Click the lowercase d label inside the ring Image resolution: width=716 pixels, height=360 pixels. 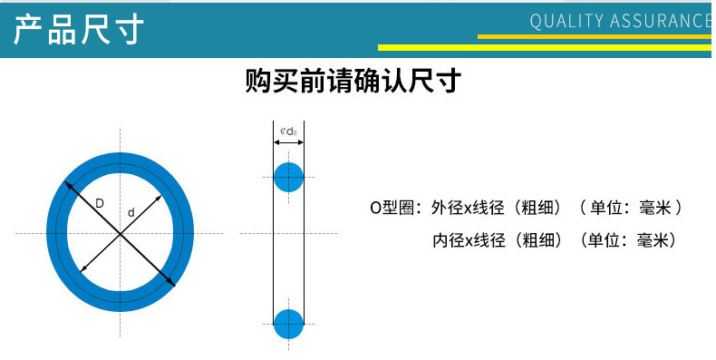[x=131, y=212]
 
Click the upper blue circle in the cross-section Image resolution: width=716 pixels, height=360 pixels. [x=288, y=176]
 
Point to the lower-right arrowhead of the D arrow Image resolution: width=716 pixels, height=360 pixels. [x=173, y=285]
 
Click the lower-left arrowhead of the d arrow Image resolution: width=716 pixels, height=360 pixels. [x=83, y=268]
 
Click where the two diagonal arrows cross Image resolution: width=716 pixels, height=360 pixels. [x=121, y=234]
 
